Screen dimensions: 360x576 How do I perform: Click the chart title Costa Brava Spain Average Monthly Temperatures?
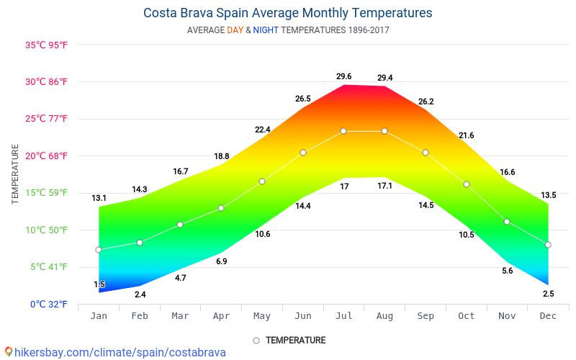(288, 13)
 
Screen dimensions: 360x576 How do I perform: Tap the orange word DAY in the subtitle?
(235, 30)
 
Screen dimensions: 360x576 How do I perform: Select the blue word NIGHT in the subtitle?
(266, 30)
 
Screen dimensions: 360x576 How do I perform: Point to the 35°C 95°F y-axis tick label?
(46, 45)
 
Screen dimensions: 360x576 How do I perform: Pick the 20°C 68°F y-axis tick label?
(46, 156)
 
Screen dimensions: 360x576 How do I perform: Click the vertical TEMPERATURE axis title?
(15, 174)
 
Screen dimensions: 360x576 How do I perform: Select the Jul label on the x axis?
(343, 316)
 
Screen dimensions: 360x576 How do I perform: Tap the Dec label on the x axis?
(548, 316)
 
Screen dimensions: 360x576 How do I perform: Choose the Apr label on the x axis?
(221, 316)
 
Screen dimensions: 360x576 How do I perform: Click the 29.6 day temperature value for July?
(343, 76)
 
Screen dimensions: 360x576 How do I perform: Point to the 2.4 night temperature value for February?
(140, 294)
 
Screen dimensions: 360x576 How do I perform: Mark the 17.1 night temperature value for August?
(384, 186)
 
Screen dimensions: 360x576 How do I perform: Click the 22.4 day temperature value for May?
(262, 130)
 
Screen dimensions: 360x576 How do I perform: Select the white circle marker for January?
(99, 250)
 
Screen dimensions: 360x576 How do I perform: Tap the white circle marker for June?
(303, 153)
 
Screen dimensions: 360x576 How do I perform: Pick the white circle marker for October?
(467, 184)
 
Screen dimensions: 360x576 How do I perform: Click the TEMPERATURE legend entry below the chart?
(289, 340)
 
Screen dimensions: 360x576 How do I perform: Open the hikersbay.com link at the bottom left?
(115, 352)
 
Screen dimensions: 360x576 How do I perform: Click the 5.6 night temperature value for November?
(508, 271)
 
